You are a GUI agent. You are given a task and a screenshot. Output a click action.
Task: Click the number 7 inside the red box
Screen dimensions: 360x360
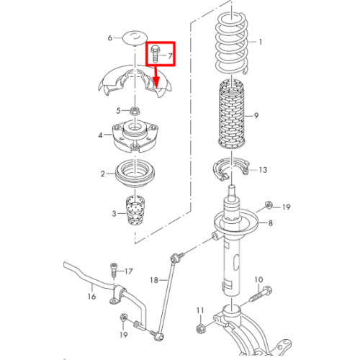click(x=170, y=56)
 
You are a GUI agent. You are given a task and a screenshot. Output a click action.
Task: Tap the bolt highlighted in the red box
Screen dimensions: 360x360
click(x=154, y=53)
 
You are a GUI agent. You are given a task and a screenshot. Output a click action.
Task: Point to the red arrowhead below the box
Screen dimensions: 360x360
click(x=156, y=83)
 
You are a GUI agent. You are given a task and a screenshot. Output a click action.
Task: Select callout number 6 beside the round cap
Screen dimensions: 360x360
click(x=110, y=37)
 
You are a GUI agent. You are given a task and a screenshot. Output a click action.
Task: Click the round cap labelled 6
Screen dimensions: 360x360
click(x=135, y=37)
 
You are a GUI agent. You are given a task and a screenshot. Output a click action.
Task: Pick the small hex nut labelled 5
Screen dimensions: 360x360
click(x=135, y=111)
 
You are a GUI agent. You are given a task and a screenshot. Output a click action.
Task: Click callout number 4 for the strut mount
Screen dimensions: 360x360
click(x=100, y=135)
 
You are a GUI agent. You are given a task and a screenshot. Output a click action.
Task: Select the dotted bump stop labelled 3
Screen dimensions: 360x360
click(x=135, y=210)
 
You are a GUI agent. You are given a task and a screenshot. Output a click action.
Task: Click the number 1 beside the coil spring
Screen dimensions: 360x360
click(x=260, y=42)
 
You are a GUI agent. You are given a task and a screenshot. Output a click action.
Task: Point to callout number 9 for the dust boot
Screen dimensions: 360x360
click(x=256, y=116)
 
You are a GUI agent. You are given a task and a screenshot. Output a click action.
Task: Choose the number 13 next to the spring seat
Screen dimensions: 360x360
click(x=263, y=170)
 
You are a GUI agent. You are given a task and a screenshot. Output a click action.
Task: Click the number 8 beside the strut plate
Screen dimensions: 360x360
click(x=270, y=223)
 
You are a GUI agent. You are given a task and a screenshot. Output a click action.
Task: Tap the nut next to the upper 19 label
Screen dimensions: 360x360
click(x=269, y=205)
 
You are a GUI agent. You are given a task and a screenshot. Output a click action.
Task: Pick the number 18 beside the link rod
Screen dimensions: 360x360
click(x=154, y=280)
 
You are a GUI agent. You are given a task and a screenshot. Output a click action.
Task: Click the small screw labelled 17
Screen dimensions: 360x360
click(x=114, y=271)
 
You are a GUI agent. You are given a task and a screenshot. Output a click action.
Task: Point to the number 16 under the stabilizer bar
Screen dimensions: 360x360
click(x=91, y=297)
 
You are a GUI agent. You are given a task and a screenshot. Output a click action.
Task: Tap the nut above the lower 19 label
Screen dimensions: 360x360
click(x=123, y=318)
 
